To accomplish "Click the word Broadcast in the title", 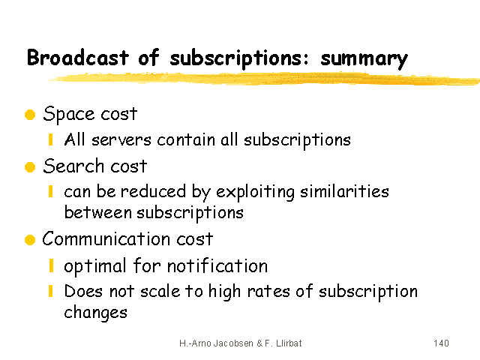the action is click(78, 58).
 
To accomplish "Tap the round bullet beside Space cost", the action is click(30, 115).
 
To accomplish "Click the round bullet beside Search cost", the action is click(30, 167).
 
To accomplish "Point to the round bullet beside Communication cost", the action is click(30, 240).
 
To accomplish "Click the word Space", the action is click(69, 115).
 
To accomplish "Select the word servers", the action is click(121, 141).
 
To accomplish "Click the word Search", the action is click(73, 166).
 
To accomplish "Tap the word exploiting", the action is click(255, 192).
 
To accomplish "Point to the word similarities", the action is click(344, 192).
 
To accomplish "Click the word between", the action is click(98, 212).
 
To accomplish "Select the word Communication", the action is click(106, 238).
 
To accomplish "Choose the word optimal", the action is click(95, 266).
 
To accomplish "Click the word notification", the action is click(217, 265).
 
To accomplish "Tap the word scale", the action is click(160, 292).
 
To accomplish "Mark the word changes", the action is click(95, 313).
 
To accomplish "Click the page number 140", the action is click(441, 343).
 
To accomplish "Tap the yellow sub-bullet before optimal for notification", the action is click(51, 265).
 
